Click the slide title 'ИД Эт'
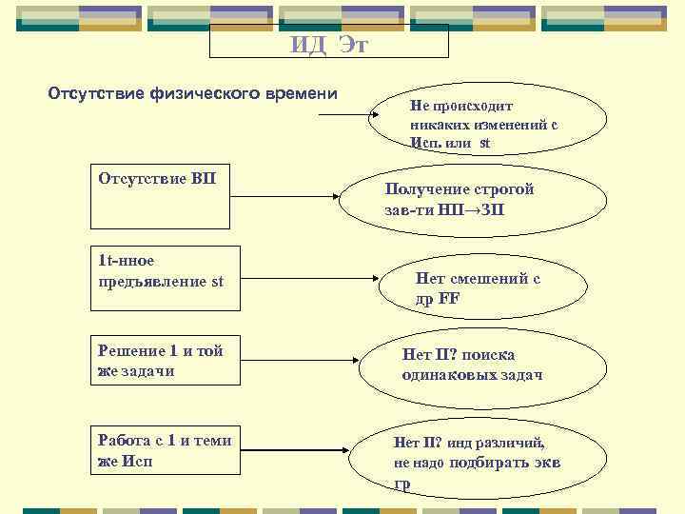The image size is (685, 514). coord(329,45)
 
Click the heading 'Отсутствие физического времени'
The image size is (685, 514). coord(192,93)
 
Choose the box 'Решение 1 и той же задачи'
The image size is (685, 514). coord(163,360)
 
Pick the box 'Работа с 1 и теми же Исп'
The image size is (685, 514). coord(163,448)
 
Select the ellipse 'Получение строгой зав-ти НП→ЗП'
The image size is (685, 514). coord(459,199)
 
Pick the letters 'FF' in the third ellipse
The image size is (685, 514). coord(449,298)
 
